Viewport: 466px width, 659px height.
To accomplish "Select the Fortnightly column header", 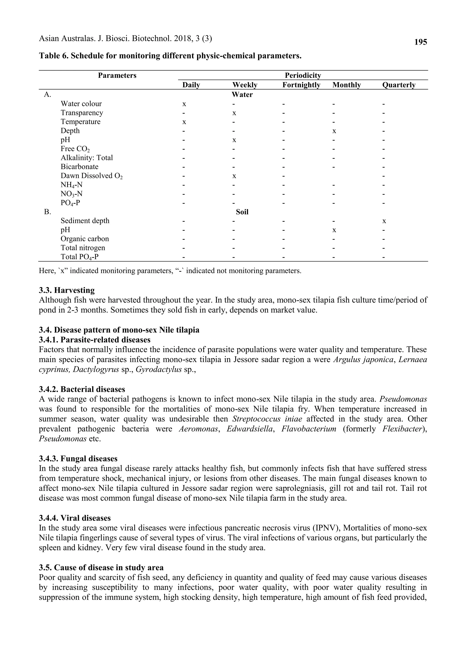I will click(x=301, y=85).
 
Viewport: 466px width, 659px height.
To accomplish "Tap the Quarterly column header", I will click(x=399, y=85).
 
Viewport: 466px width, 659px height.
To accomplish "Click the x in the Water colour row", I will click(x=184, y=104).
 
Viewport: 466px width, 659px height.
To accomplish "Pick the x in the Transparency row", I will click(x=234, y=113).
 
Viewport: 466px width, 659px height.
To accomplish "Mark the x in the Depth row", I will click(x=334, y=131).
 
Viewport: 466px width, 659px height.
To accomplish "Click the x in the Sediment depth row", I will click(x=384, y=221).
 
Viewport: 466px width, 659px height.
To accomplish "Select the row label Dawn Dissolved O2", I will click(x=91, y=176).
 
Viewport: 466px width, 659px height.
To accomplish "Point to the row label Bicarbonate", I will click(x=79, y=167).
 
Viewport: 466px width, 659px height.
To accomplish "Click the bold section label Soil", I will click(x=242, y=212).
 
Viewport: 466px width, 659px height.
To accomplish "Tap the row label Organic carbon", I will click(x=85, y=239).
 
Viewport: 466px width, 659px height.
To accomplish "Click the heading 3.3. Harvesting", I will click(x=67, y=290).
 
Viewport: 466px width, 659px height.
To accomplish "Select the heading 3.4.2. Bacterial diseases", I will click(x=82, y=389).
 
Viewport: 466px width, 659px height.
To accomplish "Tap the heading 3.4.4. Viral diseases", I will click(x=75, y=518).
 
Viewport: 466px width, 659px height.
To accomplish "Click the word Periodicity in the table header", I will click(x=303, y=76).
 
